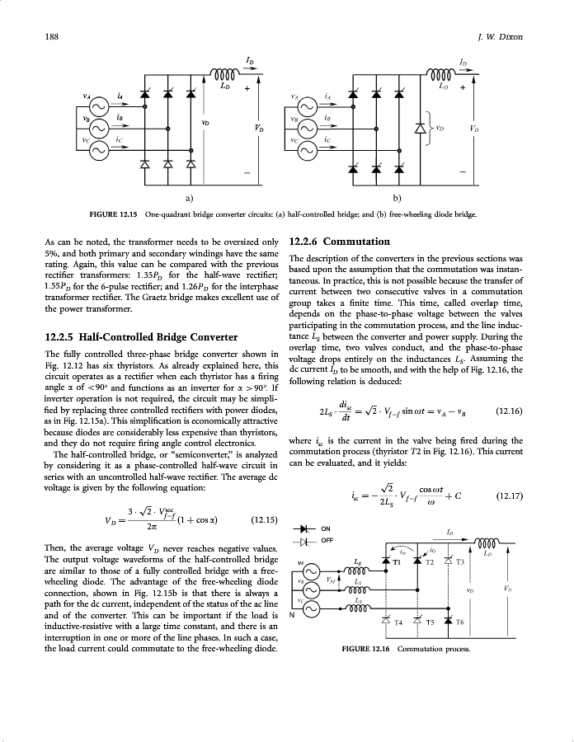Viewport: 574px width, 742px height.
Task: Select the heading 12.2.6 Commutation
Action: (339, 242)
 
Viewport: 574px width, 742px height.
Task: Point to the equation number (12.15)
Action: (262, 519)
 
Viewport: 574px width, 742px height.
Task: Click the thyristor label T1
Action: (395, 562)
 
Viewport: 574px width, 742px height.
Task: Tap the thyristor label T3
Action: (460, 562)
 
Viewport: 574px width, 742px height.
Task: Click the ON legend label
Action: (326, 528)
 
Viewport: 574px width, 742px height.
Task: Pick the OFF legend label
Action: (327, 541)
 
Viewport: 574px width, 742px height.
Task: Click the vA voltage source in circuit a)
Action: (99, 108)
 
